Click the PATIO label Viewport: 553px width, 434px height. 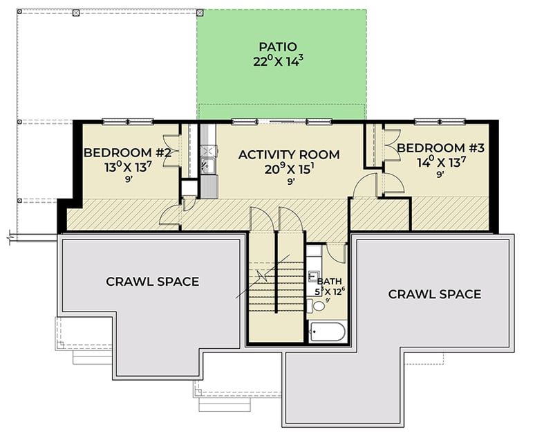(278, 47)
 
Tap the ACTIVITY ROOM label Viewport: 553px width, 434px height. (289, 154)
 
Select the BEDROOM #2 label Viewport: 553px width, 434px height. (126, 153)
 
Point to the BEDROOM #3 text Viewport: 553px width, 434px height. (440, 148)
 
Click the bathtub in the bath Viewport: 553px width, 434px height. (328, 333)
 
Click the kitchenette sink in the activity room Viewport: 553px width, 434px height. (206, 165)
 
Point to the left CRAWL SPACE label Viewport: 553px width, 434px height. (152, 282)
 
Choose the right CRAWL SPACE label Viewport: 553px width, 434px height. (434, 294)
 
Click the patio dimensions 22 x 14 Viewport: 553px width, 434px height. (278, 61)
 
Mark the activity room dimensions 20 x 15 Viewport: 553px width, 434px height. (289, 168)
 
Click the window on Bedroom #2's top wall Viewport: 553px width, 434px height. (128, 122)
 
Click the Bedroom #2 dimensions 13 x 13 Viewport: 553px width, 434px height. (126, 167)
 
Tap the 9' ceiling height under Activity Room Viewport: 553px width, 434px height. (291, 181)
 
